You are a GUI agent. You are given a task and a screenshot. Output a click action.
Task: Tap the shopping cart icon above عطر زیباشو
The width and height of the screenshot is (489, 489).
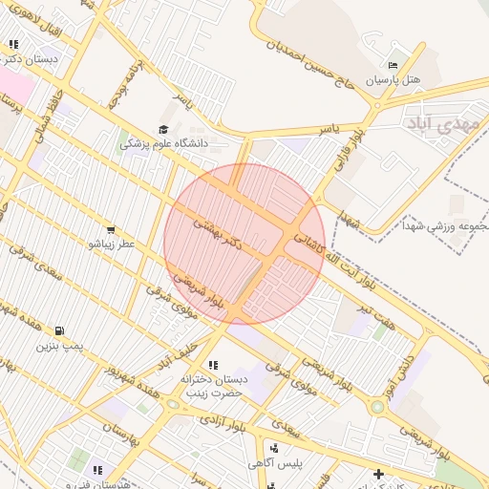click(x=112, y=229)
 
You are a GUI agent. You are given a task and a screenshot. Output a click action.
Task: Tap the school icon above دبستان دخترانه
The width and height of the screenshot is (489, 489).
click(x=212, y=365)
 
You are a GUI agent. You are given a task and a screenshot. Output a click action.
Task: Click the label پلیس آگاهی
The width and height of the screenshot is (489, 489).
click(x=274, y=463)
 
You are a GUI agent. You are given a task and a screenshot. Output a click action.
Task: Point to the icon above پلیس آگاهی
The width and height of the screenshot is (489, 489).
click(x=274, y=448)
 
